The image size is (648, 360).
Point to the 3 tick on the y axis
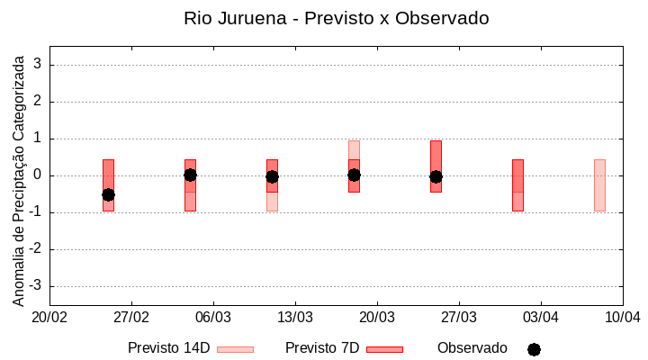tap(38, 65)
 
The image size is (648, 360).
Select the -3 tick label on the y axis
tap(35, 286)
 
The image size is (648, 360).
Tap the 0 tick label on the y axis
tap(38, 175)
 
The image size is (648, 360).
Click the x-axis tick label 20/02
tap(49, 317)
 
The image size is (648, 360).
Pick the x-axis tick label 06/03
tap(213, 317)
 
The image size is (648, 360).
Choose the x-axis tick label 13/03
tap(295, 317)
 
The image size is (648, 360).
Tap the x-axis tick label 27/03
tap(459, 317)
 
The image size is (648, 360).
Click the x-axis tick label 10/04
tap(622, 317)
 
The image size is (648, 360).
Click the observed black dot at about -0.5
tap(108, 194)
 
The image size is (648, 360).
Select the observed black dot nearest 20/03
tap(354, 175)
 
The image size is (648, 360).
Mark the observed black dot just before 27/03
tap(436, 176)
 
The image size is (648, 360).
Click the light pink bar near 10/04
tap(599, 184)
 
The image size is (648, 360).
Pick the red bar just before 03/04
tap(517, 184)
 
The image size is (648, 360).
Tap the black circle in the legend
tap(534, 349)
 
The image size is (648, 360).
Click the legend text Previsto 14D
tap(168, 347)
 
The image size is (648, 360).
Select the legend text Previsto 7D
tap(322, 347)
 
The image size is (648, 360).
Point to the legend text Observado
tap(472, 347)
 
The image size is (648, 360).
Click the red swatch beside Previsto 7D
tap(384, 349)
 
